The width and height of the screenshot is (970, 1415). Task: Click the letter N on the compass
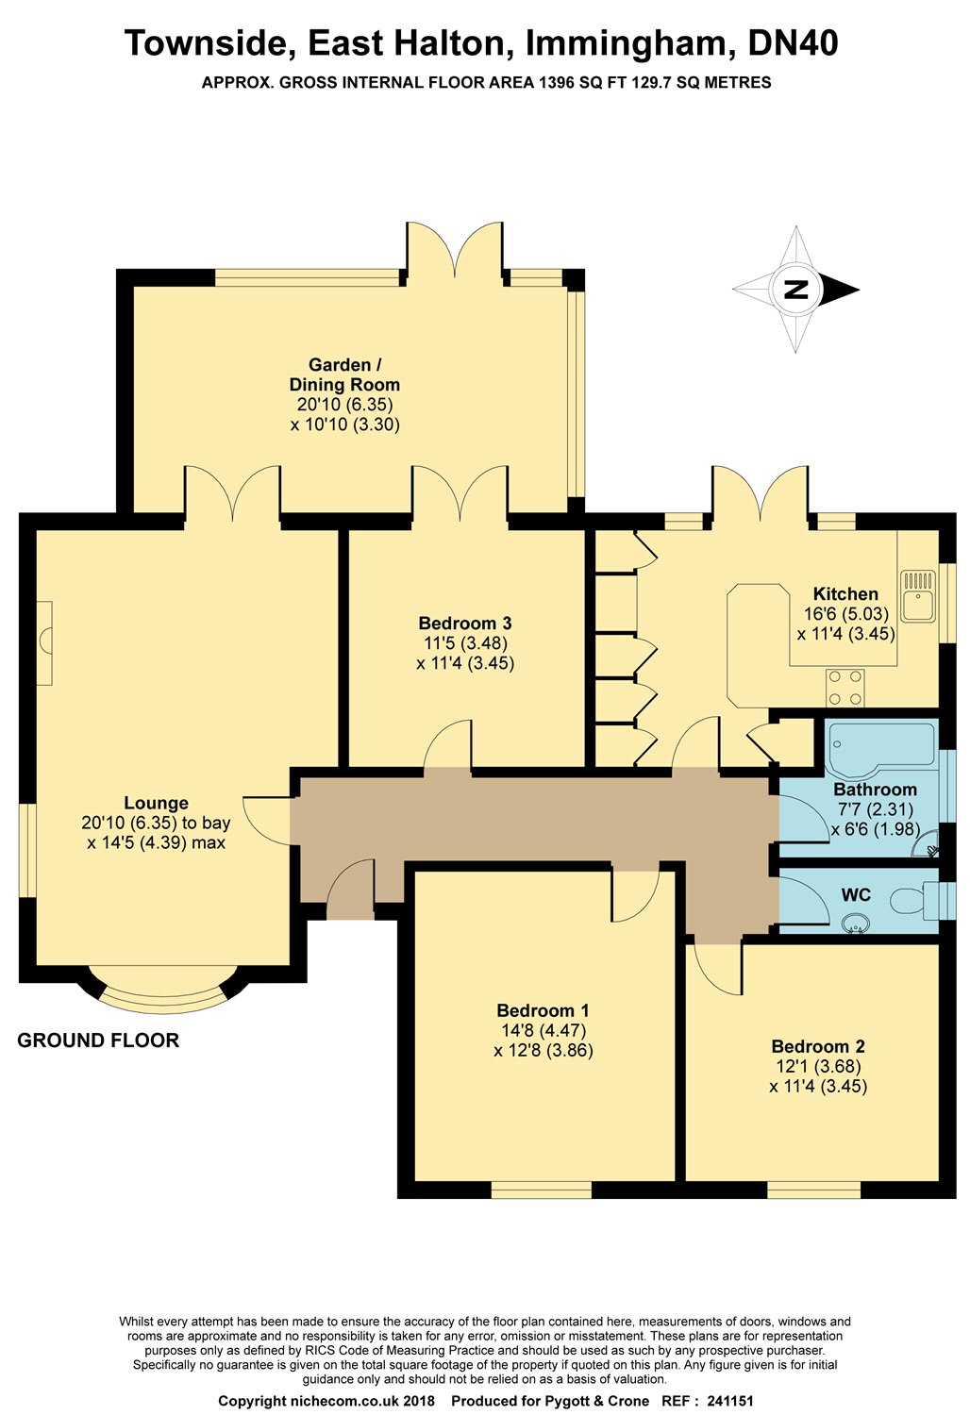click(x=796, y=290)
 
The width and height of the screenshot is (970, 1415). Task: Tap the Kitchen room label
click(x=845, y=593)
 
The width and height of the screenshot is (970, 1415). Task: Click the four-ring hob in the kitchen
click(x=845, y=688)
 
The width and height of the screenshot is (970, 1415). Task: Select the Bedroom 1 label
click(x=543, y=1010)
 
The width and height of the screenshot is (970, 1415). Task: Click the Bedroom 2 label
click(x=818, y=1046)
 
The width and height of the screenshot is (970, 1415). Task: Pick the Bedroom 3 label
click(x=465, y=623)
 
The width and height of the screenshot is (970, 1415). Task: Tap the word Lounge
click(x=156, y=803)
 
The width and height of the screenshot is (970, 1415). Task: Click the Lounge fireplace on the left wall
click(x=44, y=642)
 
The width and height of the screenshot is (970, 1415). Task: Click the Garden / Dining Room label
click(x=344, y=375)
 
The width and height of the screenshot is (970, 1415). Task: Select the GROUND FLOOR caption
click(x=98, y=1040)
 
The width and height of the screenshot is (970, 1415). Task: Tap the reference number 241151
click(x=730, y=1401)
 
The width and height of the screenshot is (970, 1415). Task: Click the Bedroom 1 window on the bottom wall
click(x=542, y=1190)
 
